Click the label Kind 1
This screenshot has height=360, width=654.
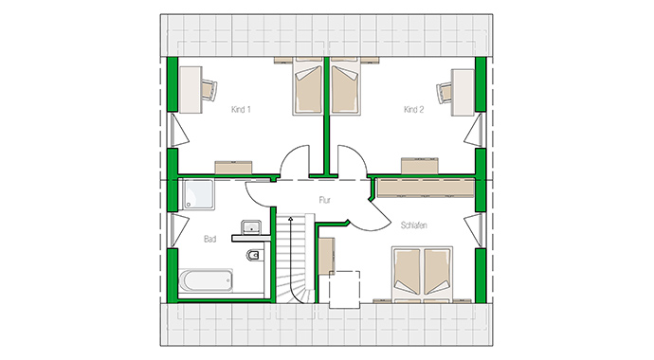pyautogui.click(x=241, y=110)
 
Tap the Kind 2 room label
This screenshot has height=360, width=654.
pyautogui.click(x=413, y=110)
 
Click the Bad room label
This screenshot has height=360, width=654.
pyautogui.click(x=210, y=240)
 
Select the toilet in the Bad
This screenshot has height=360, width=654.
pyautogui.click(x=251, y=257)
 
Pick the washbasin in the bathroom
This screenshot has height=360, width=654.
pyautogui.click(x=251, y=226)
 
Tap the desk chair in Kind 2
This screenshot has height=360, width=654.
pyautogui.click(x=446, y=92)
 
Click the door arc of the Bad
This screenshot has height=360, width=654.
pyautogui.click(x=261, y=190)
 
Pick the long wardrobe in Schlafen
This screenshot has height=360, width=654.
pyautogui.click(x=424, y=186)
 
